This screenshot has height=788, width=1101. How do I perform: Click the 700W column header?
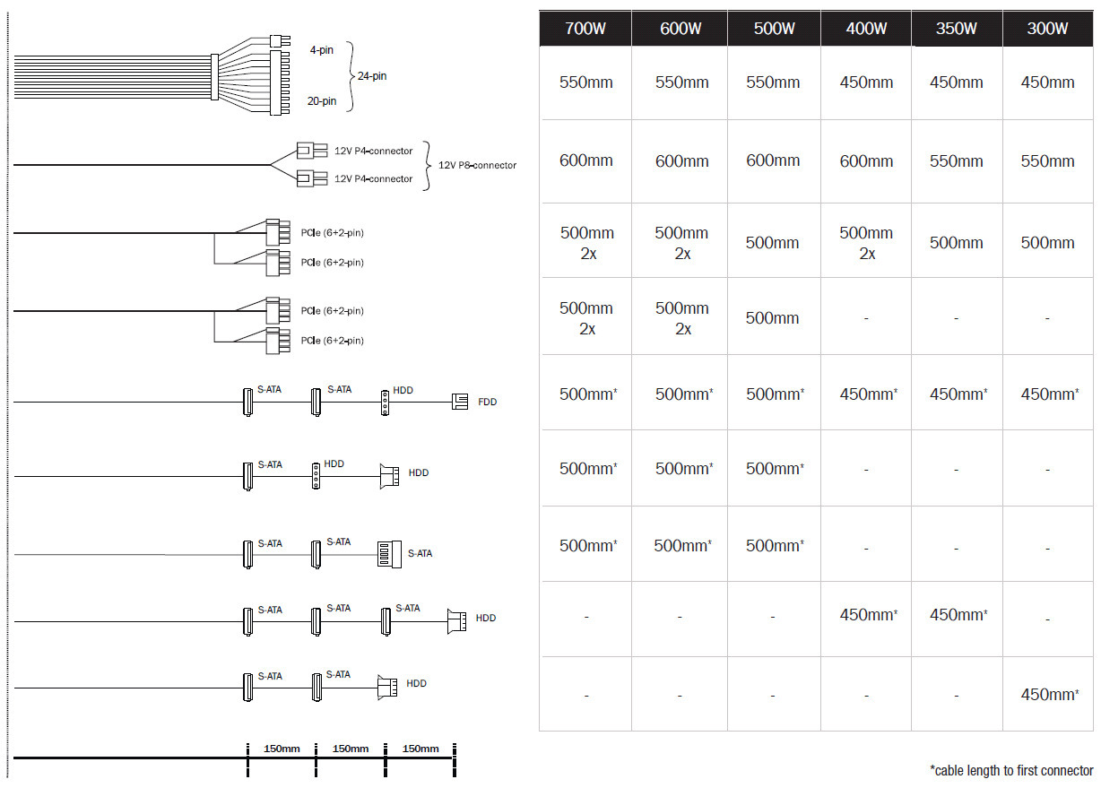585,29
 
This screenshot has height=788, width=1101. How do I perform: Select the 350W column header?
957,29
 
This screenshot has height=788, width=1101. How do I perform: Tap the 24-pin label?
372,76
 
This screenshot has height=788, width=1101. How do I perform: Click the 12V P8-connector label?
477,165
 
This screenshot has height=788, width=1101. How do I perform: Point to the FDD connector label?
487,403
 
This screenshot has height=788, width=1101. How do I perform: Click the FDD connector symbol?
460,402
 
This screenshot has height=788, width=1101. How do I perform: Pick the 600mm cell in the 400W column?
866,161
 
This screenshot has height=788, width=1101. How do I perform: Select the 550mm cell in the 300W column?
1047,161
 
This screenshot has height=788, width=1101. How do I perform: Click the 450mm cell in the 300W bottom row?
1049,694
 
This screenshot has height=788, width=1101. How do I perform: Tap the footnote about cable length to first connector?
1011,770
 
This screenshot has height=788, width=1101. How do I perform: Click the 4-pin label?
322,50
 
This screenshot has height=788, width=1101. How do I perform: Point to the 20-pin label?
322,101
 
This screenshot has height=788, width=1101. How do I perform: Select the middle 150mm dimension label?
351,749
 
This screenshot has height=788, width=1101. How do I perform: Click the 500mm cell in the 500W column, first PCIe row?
772,243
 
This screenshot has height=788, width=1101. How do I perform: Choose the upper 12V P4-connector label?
374,151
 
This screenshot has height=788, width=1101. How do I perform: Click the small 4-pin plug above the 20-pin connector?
280,41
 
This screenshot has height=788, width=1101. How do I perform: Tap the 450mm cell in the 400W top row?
866,82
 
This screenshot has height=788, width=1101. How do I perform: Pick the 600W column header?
681,29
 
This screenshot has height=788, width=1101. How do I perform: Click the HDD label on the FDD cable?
403,390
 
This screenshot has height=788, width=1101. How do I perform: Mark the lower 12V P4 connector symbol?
312,178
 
